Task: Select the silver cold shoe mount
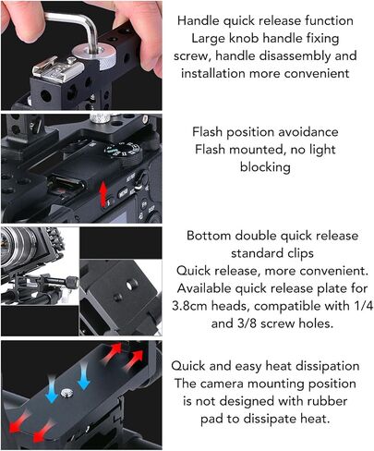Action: (x=58, y=67)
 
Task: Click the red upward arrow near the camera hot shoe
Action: (x=103, y=193)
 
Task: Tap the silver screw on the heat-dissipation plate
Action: (x=66, y=392)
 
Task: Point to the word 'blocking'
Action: (x=265, y=167)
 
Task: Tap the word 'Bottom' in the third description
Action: (x=209, y=236)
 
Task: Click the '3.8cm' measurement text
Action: (x=190, y=306)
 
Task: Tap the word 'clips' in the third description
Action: (x=299, y=253)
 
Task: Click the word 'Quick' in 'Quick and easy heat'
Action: (x=187, y=366)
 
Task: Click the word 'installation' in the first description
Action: (x=213, y=73)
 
